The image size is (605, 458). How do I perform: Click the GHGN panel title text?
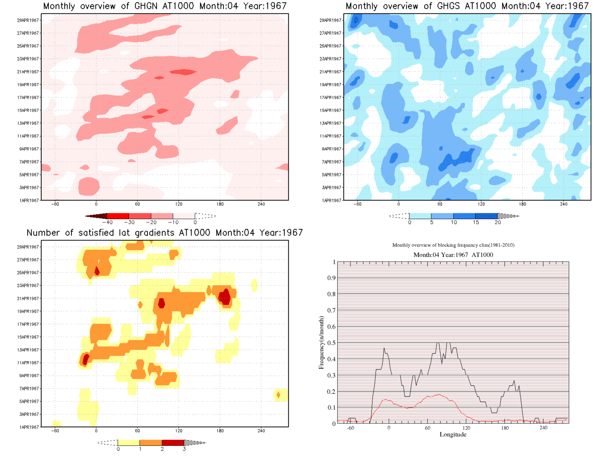(x=165, y=6)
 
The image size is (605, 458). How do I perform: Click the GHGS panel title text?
(x=467, y=6)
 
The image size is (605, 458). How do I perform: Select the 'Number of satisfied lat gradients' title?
(x=165, y=233)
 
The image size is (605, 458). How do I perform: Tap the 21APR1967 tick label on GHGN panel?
(x=28, y=72)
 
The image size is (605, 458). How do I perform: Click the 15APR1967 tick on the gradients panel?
(x=28, y=337)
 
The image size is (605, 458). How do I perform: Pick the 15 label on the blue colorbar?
(x=476, y=222)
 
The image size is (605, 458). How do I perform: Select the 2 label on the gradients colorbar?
(x=162, y=449)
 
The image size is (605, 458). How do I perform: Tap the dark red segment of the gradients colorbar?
(x=173, y=442)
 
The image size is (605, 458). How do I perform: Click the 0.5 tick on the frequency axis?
(x=331, y=343)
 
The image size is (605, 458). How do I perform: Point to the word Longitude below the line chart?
(x=453, y=434)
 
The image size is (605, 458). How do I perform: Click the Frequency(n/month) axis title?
(x=321, y=343)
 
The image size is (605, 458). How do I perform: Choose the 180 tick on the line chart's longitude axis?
(x=505, y=428)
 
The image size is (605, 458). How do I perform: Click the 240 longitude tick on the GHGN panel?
(x=261, y=204)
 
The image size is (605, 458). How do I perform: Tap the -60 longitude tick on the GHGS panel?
(x=358, y=204)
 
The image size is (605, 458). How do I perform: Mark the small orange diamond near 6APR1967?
(x=278, y=395)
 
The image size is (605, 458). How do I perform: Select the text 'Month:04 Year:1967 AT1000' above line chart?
(x=453, y=255)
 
